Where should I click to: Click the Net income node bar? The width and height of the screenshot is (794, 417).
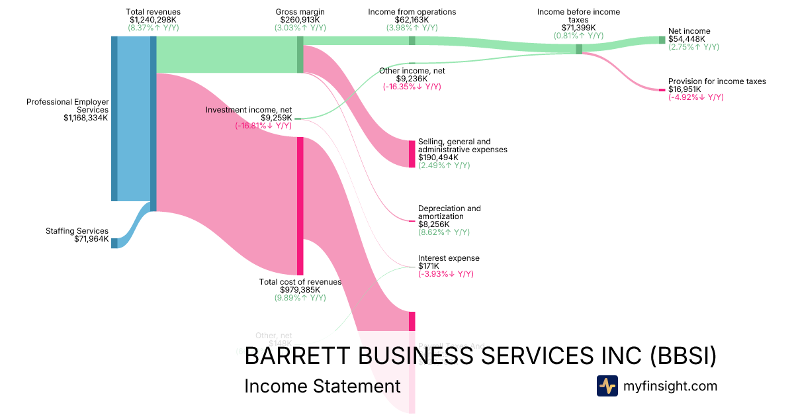pyautogui.click(x=662, y=40)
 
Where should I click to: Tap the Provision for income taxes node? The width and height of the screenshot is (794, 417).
pyautogui.click(x=662, y=89)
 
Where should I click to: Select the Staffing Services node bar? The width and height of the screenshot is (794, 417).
pyautogui.click(x=114, y=243)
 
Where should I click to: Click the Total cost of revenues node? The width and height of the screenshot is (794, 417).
pyautogui.click(x=300, y=205)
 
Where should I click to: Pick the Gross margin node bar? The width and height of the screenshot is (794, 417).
pyautogui.click(x=300, y=54)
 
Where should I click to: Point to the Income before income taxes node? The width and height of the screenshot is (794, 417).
pyautogui.click(x=579, y=49)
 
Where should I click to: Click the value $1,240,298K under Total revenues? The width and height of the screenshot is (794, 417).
pyautogui.click(x=153, y=20)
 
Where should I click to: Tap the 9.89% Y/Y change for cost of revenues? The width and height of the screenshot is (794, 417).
pyautogui.click(x=300, y=298)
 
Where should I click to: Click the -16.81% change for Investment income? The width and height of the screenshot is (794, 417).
pyautogui.click(x=263, y=126)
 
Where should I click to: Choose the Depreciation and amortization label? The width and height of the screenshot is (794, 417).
pyautogui.click(x=449, y=212)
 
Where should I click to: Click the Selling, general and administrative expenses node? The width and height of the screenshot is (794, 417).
pyautogui.click(x=412, y=154)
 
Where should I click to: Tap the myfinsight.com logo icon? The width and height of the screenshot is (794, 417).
pyautogui.click(x=607, y=386)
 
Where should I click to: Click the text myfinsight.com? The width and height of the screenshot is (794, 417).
pyautogui.click(x=670, y=386)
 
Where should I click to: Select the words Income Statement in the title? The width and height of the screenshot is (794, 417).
pyautogui.click(x=322, y=386)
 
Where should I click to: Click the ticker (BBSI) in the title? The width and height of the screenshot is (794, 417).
pyautogui.click(x=683, y=355)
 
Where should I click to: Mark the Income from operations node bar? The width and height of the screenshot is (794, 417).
pyautogui.click(x=412, y=40)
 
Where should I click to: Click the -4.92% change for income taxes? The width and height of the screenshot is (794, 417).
pyautogui.click(x=695, y=97)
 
